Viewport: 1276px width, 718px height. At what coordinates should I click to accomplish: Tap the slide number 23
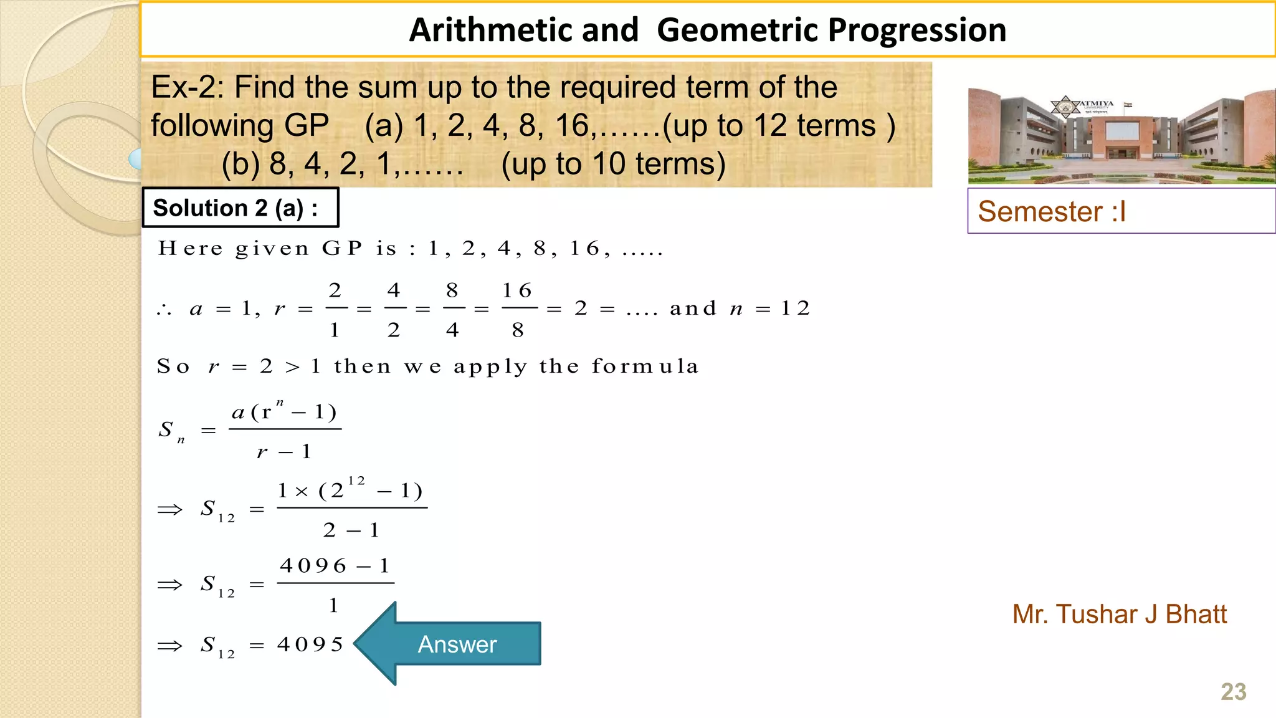pos(1233,692)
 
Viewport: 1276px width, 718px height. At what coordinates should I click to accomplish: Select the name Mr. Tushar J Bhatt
pos(1119,615)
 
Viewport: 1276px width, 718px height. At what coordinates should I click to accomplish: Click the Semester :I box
pos(1120,211)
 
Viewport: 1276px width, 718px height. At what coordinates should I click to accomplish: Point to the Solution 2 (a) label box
pos(240,208)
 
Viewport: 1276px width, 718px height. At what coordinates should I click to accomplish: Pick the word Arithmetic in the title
pos(524,30)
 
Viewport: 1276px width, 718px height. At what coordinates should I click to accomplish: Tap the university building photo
pos(1121,136)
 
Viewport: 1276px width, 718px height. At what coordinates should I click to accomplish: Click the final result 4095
pos(310,644)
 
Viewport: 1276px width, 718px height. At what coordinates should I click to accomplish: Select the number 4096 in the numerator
pos(313,566)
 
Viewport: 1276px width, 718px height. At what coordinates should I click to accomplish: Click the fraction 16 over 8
pos(518,309)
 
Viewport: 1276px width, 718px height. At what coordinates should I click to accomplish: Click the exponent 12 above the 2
pos(356,481)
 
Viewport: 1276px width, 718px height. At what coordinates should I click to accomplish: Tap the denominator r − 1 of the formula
pos(284,452)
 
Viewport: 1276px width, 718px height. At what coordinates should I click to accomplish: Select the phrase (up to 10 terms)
pos(613,164)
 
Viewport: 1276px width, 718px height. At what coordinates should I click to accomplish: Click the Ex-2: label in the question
pos(188,87)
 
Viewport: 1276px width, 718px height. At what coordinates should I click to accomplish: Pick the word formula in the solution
pos(645,366)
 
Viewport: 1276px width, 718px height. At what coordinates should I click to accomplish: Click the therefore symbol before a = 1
pos(164,310)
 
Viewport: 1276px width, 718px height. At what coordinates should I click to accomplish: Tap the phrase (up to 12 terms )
pos(778,126)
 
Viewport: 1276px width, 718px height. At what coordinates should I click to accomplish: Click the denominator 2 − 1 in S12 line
pos(351,530)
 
